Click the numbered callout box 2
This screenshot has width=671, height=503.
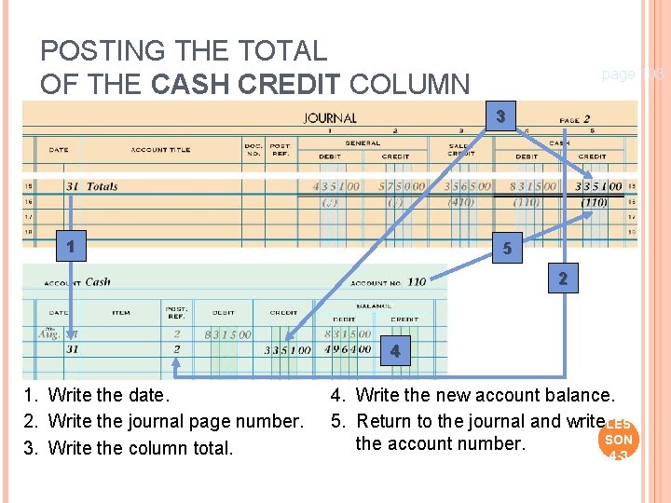[x=562, y=279]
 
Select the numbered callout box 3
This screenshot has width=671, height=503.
[x=500, y=116]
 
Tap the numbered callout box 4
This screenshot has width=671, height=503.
[x=396, y=351]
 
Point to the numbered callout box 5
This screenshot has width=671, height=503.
[x=507, y=250]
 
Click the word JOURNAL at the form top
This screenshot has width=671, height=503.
[x=329, y=118]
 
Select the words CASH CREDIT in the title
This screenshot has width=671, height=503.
[x=246, y=85]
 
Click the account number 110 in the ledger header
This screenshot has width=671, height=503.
[x=416, y=282]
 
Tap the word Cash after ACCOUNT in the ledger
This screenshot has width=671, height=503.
[x=98, y=282]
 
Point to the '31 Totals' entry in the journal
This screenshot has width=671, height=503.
[x=91, y=186]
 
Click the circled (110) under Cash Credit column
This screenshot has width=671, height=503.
[x=595, y=202]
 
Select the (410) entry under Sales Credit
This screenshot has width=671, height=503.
[x=460, y=202]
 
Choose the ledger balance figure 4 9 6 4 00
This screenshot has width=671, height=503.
[x=348, y=349]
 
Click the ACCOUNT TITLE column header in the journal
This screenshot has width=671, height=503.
[x=161, y=150]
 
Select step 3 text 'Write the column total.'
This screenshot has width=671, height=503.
[x=141, y=447]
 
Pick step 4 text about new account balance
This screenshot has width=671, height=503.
[x=485, y=396]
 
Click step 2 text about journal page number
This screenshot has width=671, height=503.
[x=175, y=421]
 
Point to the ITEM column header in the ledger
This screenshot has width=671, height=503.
[x=120, y=313]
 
